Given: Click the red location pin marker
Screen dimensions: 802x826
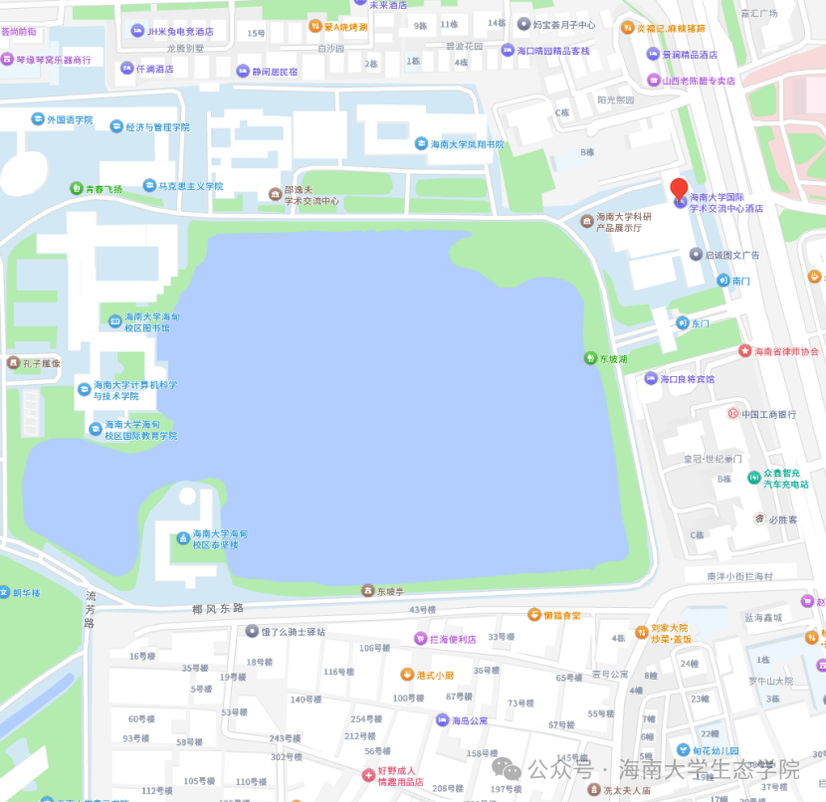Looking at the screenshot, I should pos(679,190).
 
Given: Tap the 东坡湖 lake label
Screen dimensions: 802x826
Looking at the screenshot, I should pos(612,358).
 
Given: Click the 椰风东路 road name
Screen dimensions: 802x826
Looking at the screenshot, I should pos(218,607).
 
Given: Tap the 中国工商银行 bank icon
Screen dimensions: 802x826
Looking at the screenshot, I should pos(732,414).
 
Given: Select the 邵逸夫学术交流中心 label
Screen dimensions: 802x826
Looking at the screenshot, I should pos(311,195).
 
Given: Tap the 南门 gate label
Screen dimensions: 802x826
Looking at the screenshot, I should pos(740,281).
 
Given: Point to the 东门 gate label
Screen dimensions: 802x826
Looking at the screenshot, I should pos(700,323).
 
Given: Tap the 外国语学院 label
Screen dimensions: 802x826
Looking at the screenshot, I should pos(69,119).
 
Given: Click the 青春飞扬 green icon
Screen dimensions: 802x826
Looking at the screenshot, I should pos(77,188).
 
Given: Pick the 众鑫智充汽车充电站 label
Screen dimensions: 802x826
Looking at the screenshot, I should pos(793,478).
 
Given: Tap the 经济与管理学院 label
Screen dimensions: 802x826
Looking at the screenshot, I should pos(156,127).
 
